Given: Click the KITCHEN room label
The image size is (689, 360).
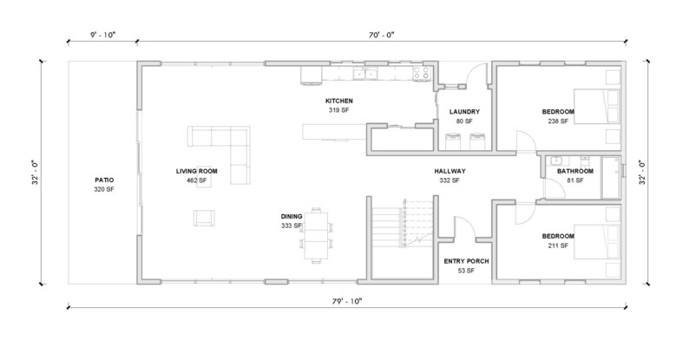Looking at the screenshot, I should pyautogui.click(x=338, y=101).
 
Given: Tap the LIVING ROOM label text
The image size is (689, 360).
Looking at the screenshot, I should pyautogui.click(x=196, y=171).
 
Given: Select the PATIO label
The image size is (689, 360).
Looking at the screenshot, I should pyautogui.click(x=104, y=180).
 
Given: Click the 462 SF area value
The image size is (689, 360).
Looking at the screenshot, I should pyautogui.click(x=196, y=180).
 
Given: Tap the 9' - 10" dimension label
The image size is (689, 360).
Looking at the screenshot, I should pyautogui.click(x=102, y=34).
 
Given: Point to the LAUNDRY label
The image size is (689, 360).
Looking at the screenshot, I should pyautogui.click(x=464, y=112).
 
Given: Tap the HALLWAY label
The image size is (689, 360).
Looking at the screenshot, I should pyautogui.click(x=451, y=171).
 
